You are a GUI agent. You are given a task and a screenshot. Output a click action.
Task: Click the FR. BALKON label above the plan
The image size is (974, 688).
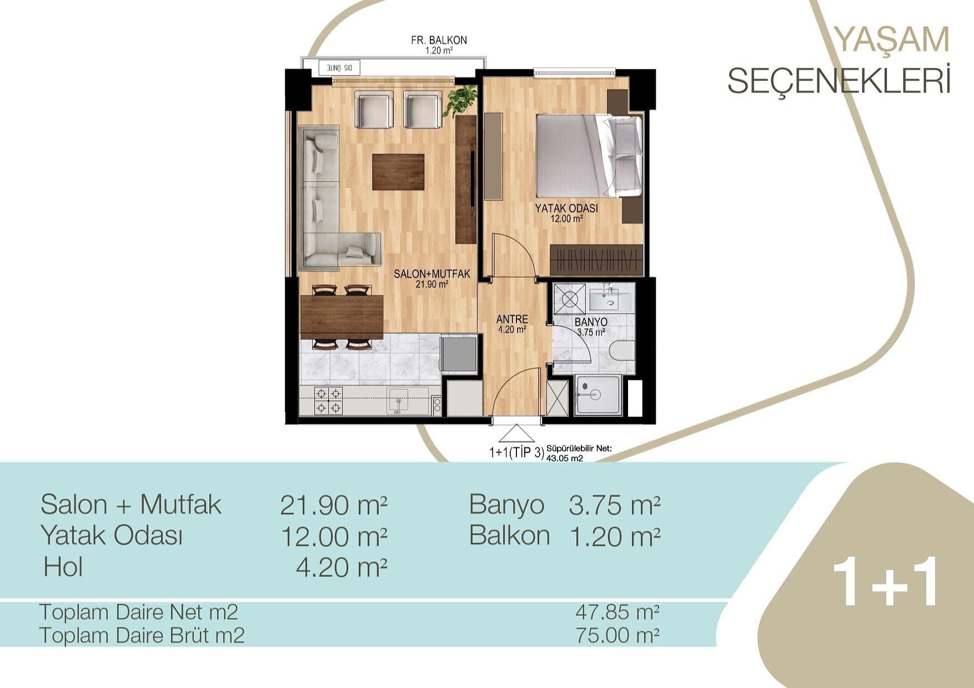click(x=439, y=41)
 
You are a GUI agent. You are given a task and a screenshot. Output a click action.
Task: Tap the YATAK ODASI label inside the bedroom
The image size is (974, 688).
click(x=566, y=209)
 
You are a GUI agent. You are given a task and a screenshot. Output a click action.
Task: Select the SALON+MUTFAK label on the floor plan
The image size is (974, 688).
click(x=432, y=274)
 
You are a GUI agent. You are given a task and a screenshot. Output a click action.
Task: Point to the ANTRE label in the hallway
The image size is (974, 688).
click(x=512, y=319)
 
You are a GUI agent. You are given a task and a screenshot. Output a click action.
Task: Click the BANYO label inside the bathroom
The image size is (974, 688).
click(x=591, y=322)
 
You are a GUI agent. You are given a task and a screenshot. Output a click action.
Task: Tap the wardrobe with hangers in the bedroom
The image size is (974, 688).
click(x=596, y=259)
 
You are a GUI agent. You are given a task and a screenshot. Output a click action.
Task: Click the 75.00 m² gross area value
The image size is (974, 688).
click(x=617, y=635)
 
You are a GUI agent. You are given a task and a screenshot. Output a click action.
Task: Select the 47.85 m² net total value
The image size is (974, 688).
click(x=617, y=612)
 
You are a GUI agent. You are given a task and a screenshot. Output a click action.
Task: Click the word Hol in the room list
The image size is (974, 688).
click(x=63, y=567)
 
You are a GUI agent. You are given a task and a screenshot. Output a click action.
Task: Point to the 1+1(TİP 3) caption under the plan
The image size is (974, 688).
click(x=516, y=453)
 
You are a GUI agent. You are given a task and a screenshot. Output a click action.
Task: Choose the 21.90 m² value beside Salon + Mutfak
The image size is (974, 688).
click(x=333, y=505)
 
